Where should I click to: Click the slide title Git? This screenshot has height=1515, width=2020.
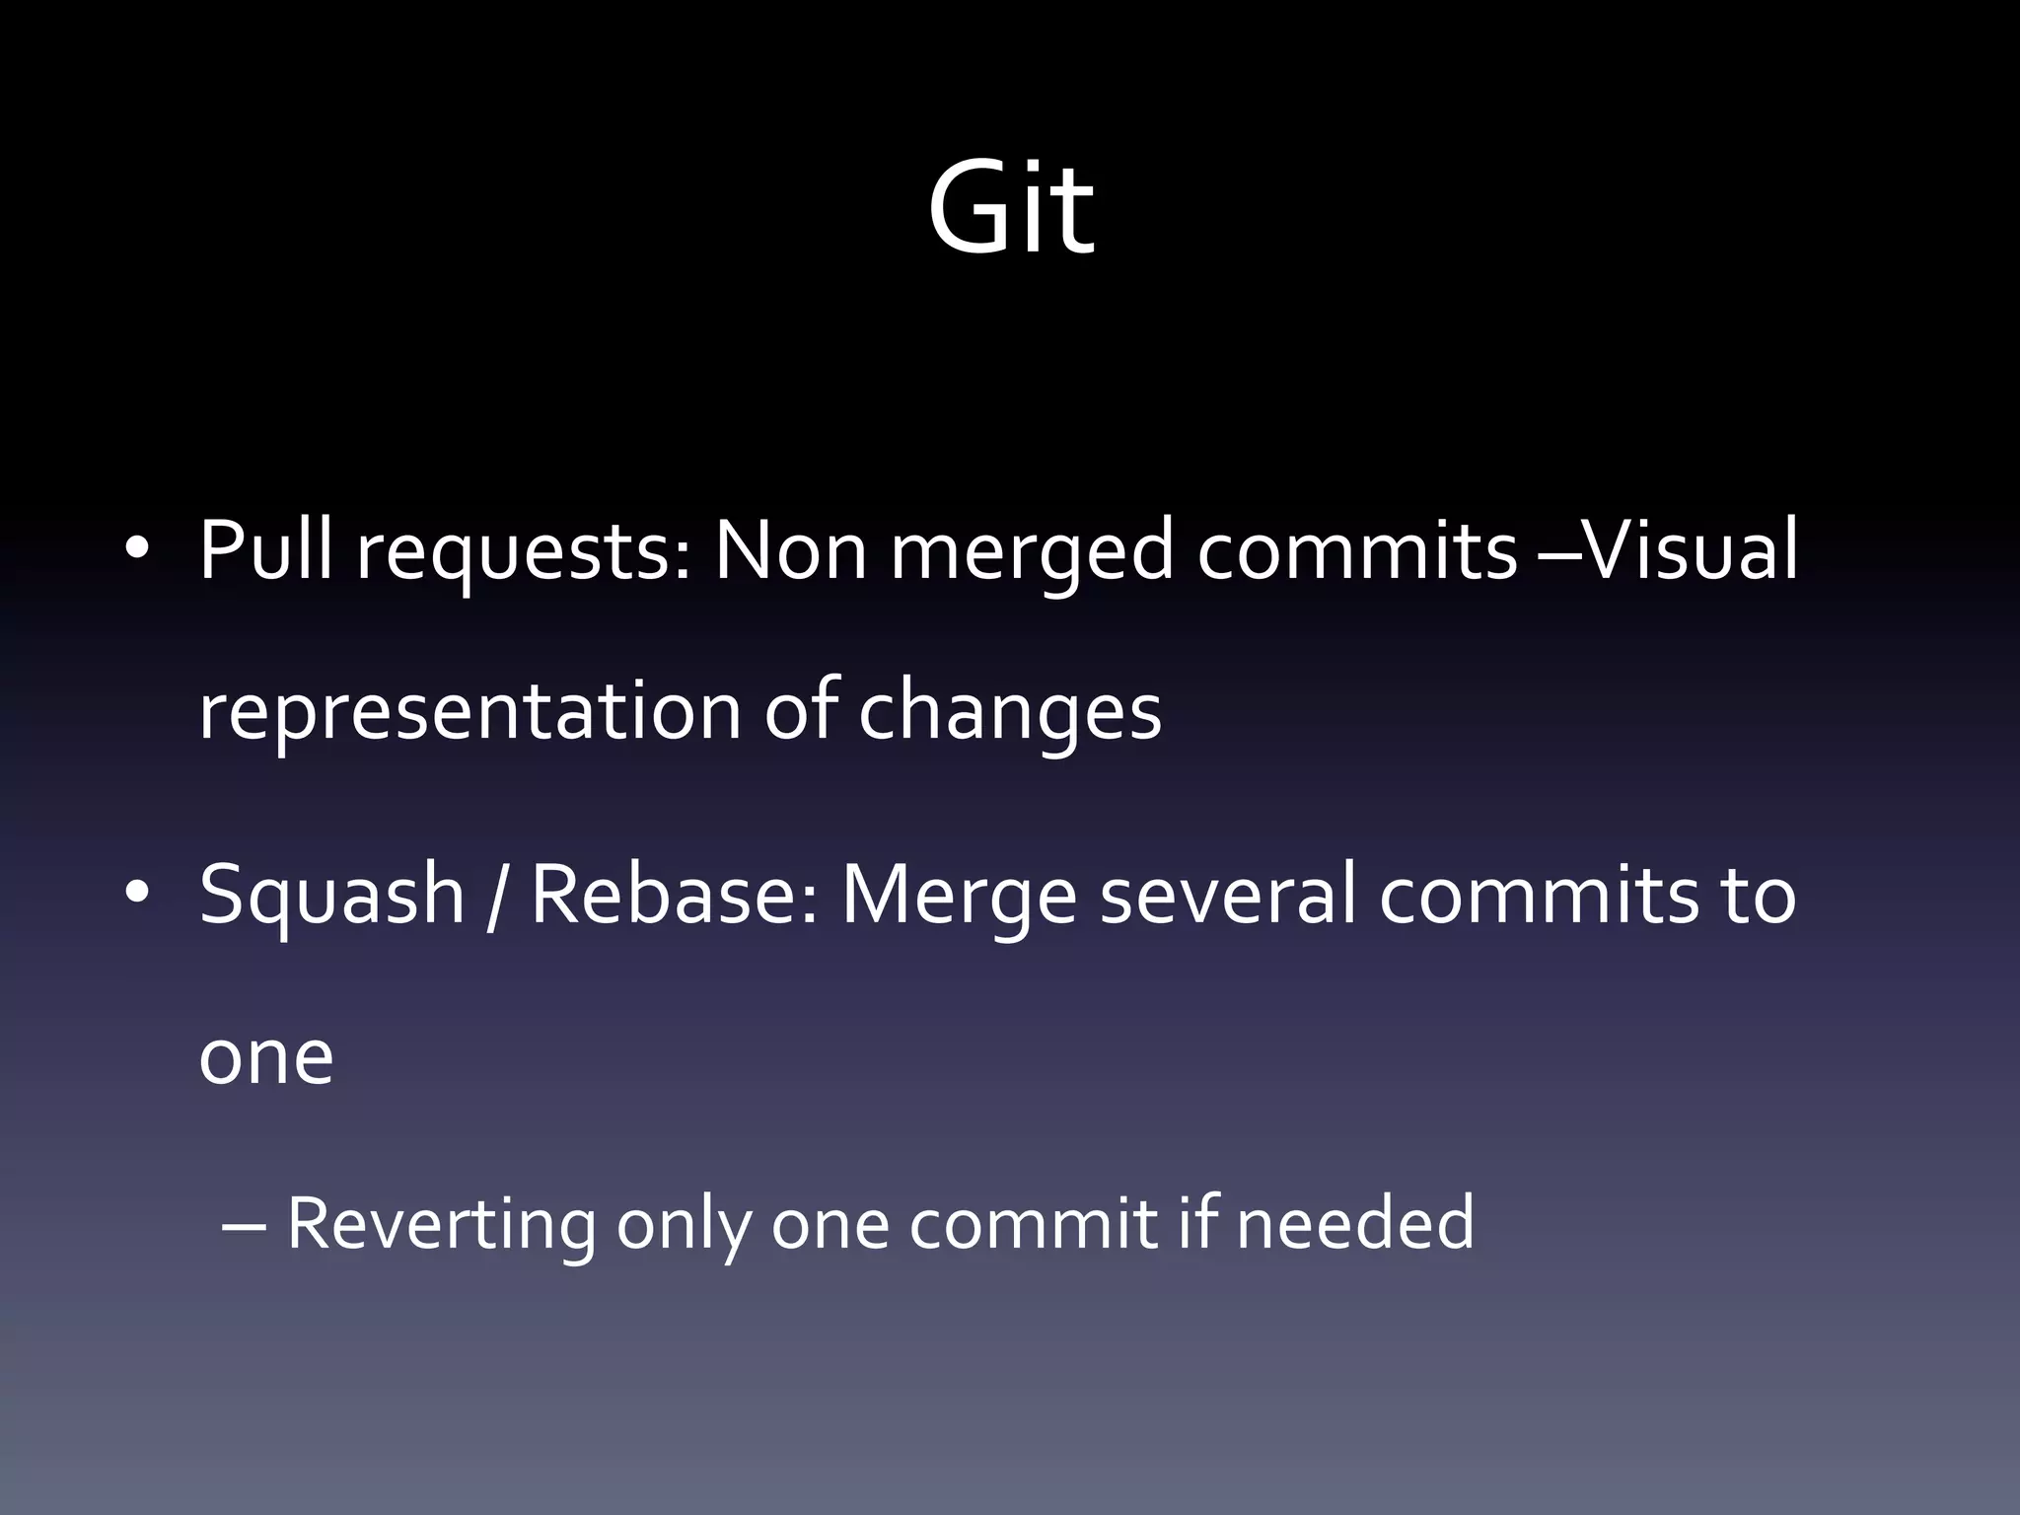[x=1010, y=209]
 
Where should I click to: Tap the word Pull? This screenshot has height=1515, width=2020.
[x=266, y=550]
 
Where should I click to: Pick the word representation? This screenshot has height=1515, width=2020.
[x=469, y=712]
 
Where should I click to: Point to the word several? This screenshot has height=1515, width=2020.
[x=1227, y=894]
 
